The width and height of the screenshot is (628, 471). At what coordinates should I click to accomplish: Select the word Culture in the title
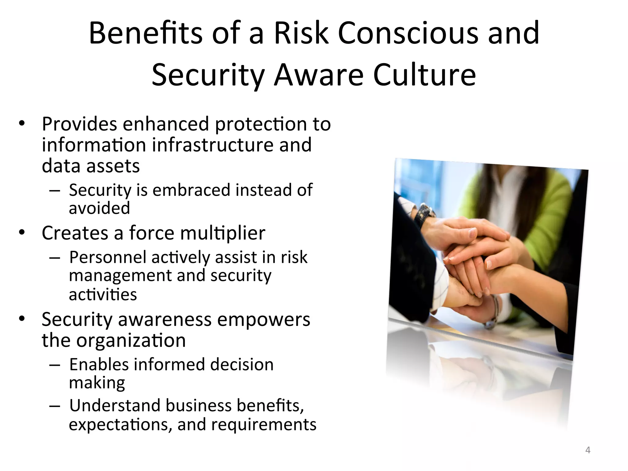coord(424,75)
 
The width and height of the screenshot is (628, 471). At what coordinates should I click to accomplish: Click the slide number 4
coord(588,450)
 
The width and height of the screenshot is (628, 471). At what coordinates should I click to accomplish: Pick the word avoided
coord(99,208)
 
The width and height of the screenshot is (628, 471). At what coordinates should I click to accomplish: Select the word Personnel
coord(108,257)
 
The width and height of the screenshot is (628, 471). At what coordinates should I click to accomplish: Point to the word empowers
coord(263,320)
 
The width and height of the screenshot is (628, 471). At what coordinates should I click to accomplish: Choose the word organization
coord(131,340)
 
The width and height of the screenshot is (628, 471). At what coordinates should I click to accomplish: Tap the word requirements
coord(263,425)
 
